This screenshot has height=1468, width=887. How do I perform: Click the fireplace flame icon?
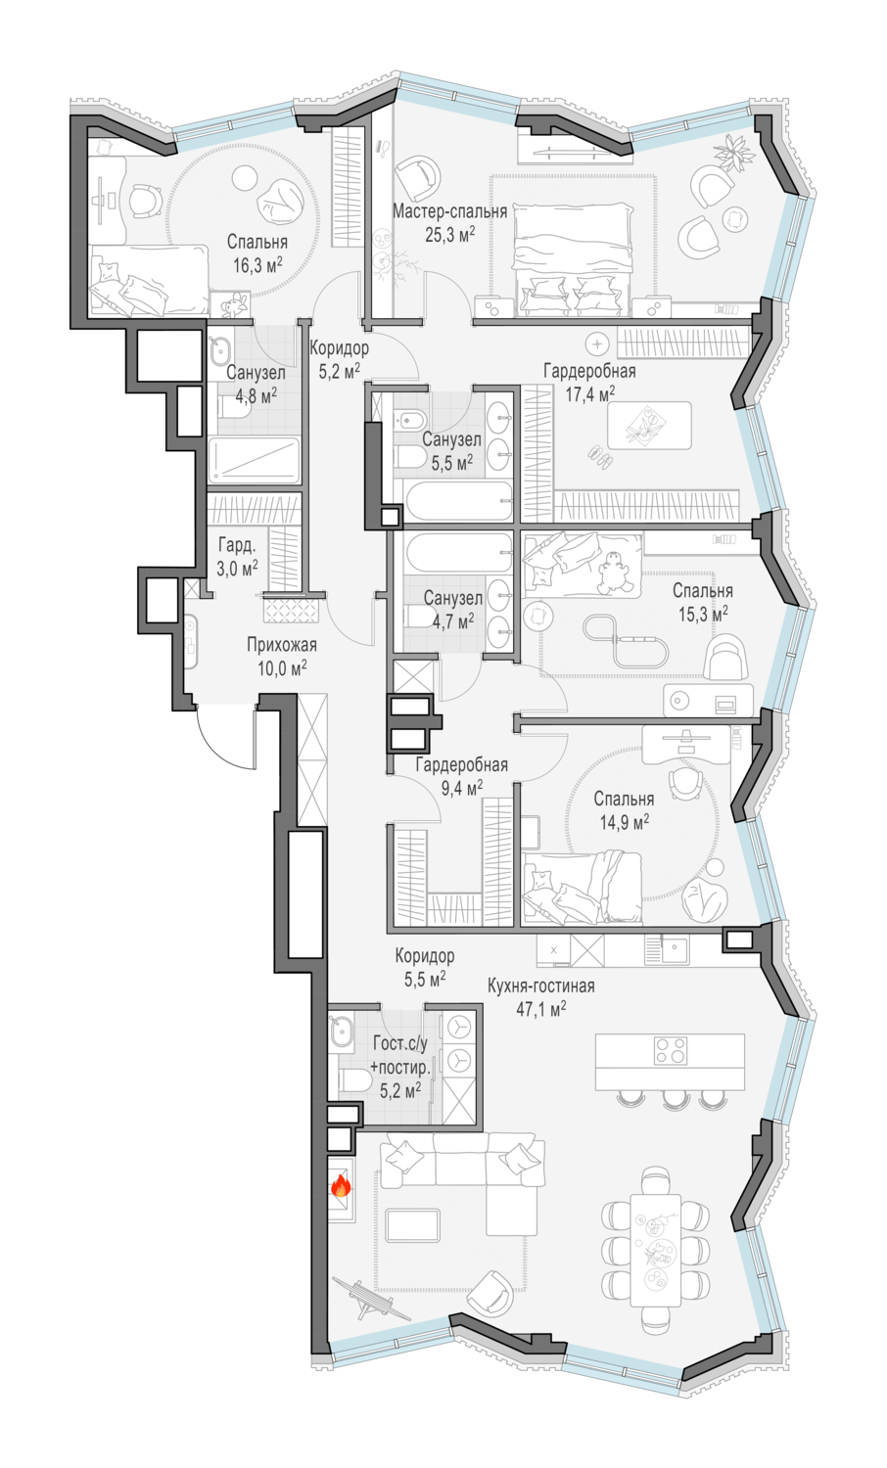(x=341, y=1185)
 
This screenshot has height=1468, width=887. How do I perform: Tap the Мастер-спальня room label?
(x=449, y=211)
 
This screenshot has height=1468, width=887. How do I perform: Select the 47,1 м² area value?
(x=540, y=1009)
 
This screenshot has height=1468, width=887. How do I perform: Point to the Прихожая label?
(x=282, y=645)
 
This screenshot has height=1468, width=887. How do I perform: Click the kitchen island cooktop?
(x=670, y=1050)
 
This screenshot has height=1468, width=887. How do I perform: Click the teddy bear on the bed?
(x=614, y=573)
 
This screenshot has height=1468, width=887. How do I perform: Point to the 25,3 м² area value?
(x=449, y=235)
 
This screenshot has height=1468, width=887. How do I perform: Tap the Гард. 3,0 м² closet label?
(x=237, y=557)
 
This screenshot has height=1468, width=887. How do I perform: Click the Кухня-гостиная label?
(x=540, y=986)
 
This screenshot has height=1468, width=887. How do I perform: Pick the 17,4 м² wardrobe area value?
(x=590, y=393)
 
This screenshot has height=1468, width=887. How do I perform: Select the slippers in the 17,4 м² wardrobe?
(x=602, y=457)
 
